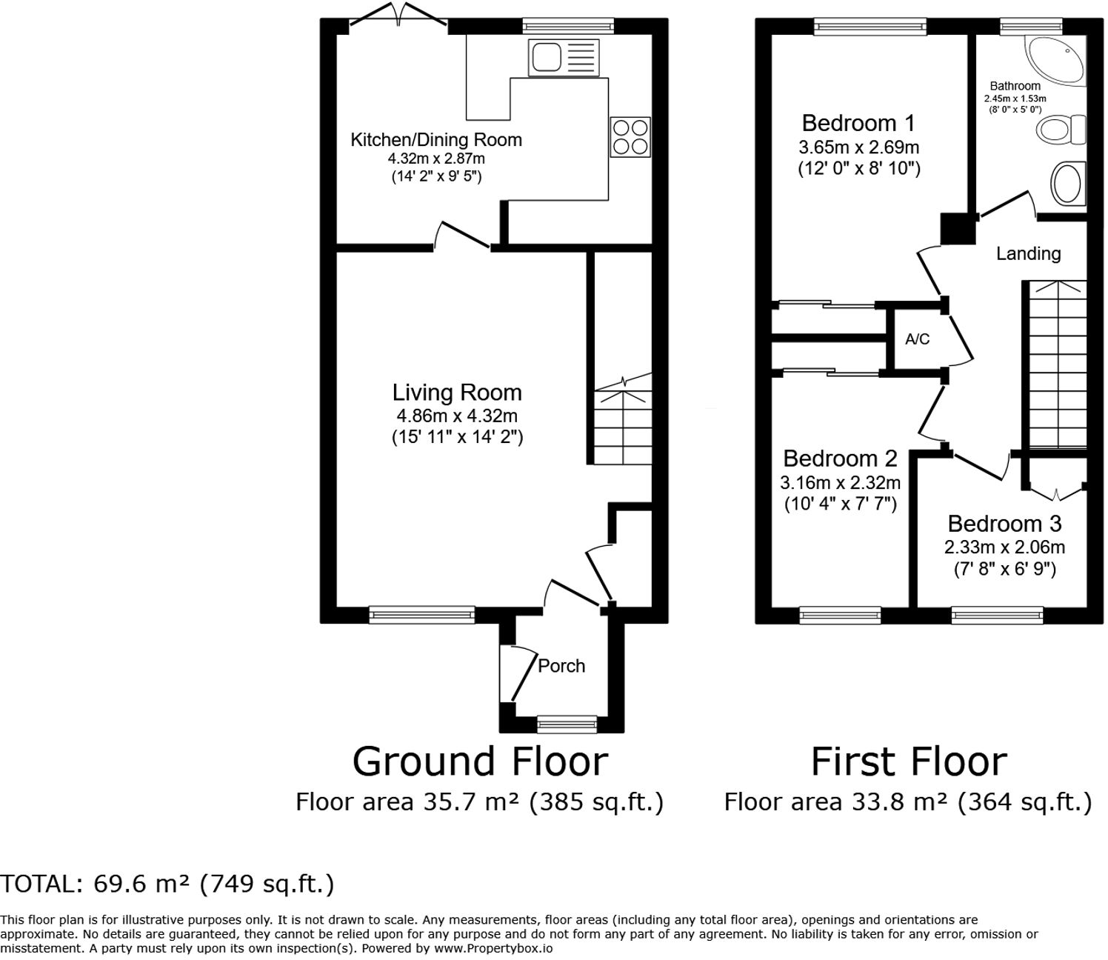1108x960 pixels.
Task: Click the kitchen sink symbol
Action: tap(564, 57)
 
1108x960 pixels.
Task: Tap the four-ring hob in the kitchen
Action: tap(630, 137)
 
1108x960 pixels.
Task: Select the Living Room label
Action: tap(457, 393)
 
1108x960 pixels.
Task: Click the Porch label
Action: tap(561, 666)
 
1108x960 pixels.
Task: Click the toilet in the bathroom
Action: tap(1061, 130)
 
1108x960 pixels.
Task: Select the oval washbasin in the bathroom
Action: tap(1068, 184)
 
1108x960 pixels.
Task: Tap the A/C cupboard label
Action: tap(917, 339)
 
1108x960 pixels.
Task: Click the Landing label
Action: tap(1028, 253)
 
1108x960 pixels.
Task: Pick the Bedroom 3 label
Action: tap(1004, 524)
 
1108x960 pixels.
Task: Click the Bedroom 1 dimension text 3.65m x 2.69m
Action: tap(858, 147)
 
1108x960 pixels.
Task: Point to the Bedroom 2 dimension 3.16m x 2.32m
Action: tap(840, 483)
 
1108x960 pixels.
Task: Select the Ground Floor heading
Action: tap(480, 761)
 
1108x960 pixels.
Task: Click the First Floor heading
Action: tap(909, 761)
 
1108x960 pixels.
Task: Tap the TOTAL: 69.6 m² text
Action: tap(167, 884)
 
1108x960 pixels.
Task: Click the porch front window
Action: tap(567, 723)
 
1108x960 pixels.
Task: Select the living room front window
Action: tap(422, 613)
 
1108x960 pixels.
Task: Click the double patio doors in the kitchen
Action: tap(398, 19)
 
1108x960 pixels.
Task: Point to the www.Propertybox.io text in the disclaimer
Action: tap(493, 948)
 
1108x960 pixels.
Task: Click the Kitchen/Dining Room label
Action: tap(435, 139)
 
